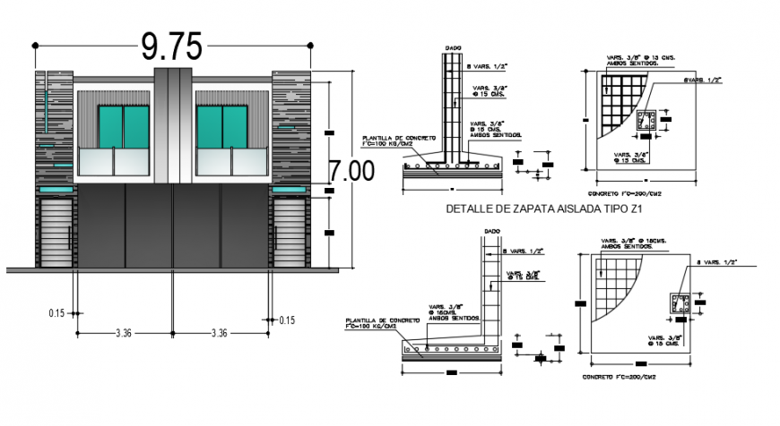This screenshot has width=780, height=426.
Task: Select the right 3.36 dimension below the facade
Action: pos(219,333)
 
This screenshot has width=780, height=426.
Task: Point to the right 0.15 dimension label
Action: pos(287,319)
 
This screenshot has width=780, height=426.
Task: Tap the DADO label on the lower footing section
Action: pos(491,231)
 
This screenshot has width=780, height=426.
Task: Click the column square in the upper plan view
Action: pos(646,122)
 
